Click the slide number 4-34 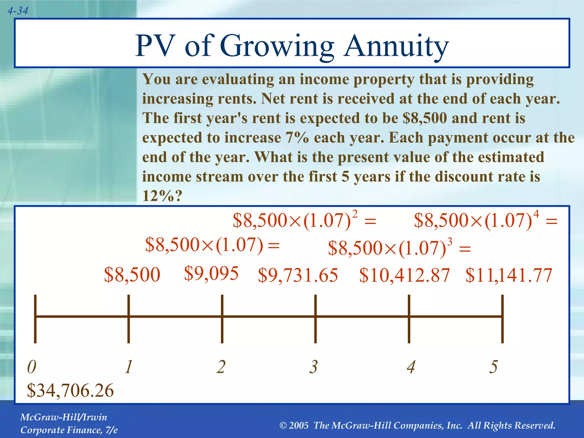tap(18, 11)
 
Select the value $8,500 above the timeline tap(132, 275)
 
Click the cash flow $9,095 tap(211, 273)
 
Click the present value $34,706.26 tap(70, 391)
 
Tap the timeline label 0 tap(32, 367)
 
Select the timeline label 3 tap(314, 367)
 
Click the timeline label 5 tap(494, 367)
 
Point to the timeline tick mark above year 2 tap(222, 319)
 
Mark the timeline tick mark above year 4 tap(409, 319)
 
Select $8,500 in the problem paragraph tap(425, 118)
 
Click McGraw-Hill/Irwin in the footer tap(64, 417)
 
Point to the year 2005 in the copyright tap(299, 425)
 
